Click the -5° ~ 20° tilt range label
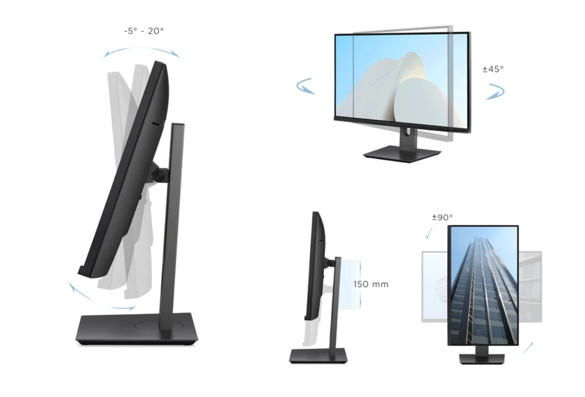pos(144,31)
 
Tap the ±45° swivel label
pos(493,69)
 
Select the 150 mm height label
pos(371,284)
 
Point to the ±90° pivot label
pos(443,217)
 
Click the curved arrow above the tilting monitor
pos(142,49)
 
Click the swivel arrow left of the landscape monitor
pos(306,86)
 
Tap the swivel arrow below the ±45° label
pos(496,92)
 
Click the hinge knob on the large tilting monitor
pos(160,175)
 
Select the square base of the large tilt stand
pos(136,329)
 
